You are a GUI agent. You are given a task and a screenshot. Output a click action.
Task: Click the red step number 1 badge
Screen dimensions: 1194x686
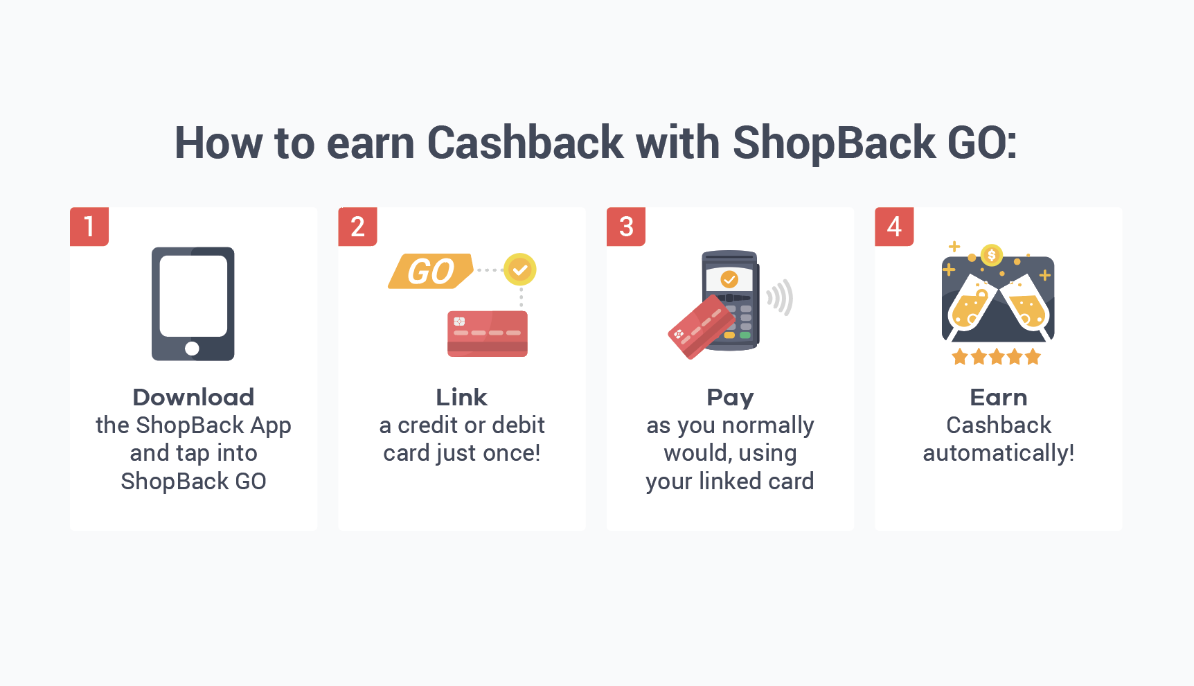point(89,227)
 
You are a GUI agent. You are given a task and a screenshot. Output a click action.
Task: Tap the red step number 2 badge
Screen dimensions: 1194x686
point(357,227)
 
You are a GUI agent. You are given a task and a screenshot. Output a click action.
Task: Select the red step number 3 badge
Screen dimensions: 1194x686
point(626,227)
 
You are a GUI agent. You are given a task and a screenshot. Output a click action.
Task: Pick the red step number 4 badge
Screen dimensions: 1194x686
point(894,227)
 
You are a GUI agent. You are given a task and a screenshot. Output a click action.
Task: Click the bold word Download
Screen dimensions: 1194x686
point(193,397)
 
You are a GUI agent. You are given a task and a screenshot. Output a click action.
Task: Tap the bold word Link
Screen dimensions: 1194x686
point(461,397)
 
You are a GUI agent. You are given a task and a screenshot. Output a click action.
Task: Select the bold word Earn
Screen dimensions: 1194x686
point(998,397)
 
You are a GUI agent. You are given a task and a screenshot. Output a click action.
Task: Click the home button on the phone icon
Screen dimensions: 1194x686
point(193,349)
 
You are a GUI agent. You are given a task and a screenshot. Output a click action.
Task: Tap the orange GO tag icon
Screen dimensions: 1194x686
point(431,271)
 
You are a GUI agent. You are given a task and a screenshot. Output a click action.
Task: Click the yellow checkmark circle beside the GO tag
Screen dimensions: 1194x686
point(520,270)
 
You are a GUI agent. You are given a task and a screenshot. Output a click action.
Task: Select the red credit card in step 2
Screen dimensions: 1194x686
point(488,334)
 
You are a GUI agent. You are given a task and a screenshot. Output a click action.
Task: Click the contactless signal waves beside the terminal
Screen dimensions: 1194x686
point(781,297)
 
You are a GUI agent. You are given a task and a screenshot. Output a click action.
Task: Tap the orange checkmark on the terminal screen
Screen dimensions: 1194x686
point(729,279)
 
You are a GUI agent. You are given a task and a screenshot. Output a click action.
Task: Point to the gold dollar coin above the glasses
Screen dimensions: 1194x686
point(992,255)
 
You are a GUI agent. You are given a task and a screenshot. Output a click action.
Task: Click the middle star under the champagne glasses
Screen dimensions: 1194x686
point(997,357)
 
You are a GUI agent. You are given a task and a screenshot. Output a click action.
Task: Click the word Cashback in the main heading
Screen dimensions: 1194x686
point(525,143)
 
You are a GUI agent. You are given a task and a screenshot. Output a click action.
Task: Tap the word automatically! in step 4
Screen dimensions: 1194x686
point(998,454)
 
